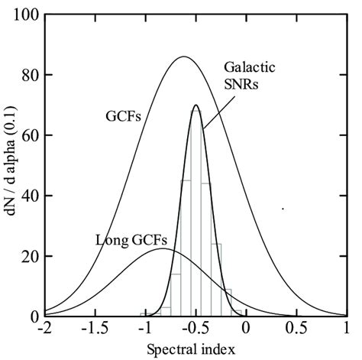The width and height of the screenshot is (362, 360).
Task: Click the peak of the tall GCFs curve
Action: pyautogui.click(x=183, y=57)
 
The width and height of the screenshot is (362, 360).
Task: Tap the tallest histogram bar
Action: pyautogui.click(x=196, y=214)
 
